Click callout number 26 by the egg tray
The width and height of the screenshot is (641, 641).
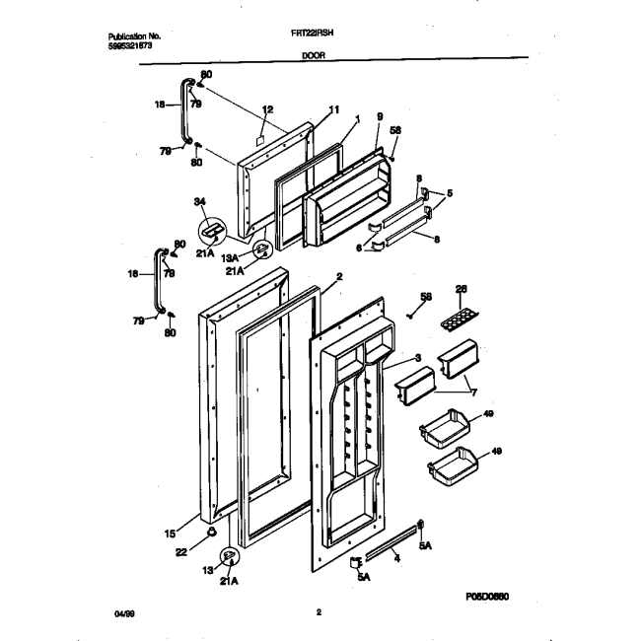459,289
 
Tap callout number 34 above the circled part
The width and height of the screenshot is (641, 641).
201,202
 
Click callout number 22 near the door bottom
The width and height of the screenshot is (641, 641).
180,551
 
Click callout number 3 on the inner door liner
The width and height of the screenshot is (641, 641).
418,358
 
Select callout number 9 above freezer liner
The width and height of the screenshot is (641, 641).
378,115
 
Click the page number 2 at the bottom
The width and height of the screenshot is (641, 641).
319,612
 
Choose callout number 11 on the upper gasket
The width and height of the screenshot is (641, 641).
332,108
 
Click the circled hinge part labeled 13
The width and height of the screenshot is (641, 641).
229,558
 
